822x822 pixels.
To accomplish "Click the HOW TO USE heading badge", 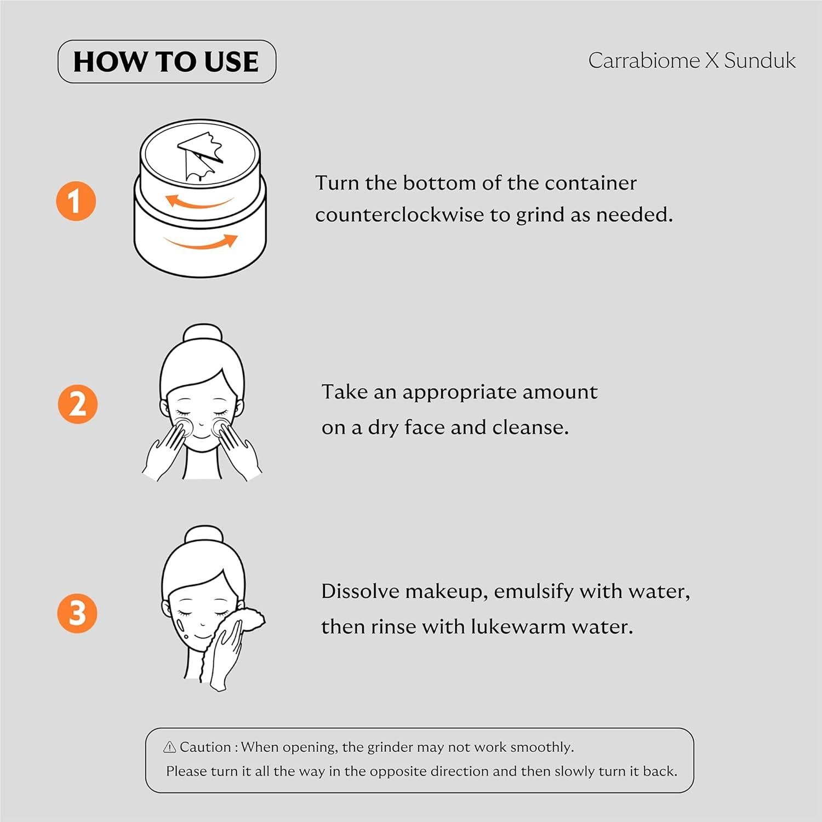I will click(x=167, y=61).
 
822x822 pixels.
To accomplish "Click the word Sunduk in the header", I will click(x=760, y=61).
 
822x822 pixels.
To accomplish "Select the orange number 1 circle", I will click(x=76, y=201).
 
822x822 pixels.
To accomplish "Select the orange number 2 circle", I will click(x=77, y=404).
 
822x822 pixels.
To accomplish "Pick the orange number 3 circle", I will click(x=77, y=613).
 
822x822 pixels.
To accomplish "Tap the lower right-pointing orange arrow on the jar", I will click(x=203, y=242).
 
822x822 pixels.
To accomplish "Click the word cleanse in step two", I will click(x=529, y=427).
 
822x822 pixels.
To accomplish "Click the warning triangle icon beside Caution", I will click(x=170, y=747).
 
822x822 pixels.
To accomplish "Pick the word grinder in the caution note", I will click(x=390, y=747).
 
